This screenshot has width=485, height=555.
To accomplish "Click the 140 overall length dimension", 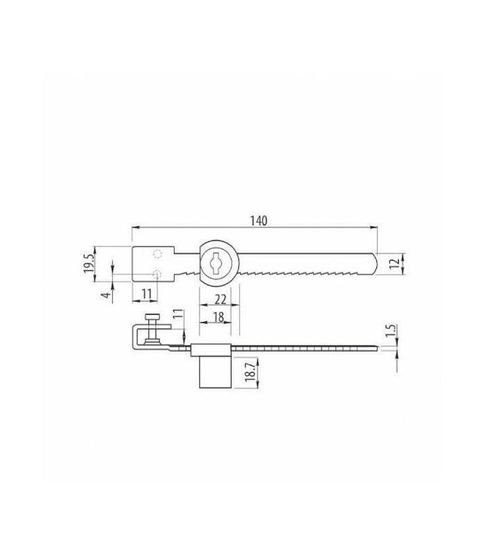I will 258,221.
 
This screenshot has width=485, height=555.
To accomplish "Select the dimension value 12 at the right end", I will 393,264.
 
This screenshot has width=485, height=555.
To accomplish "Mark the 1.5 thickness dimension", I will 391,332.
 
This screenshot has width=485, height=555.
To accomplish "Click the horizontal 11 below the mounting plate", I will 146,293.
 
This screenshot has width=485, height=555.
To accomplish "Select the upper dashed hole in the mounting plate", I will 159,254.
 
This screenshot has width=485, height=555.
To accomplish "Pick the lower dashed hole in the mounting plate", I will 159,273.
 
